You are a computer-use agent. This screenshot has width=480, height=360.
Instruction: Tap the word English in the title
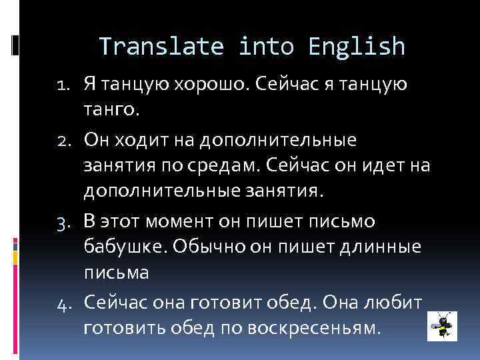tap(357, 46)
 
